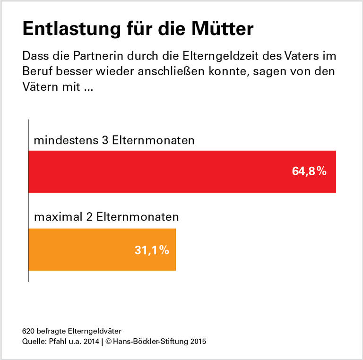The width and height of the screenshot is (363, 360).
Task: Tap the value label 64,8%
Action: (309, 171)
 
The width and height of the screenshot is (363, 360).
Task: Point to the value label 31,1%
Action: (152, 250)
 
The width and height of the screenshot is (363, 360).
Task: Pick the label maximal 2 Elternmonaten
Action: (106, 218)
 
